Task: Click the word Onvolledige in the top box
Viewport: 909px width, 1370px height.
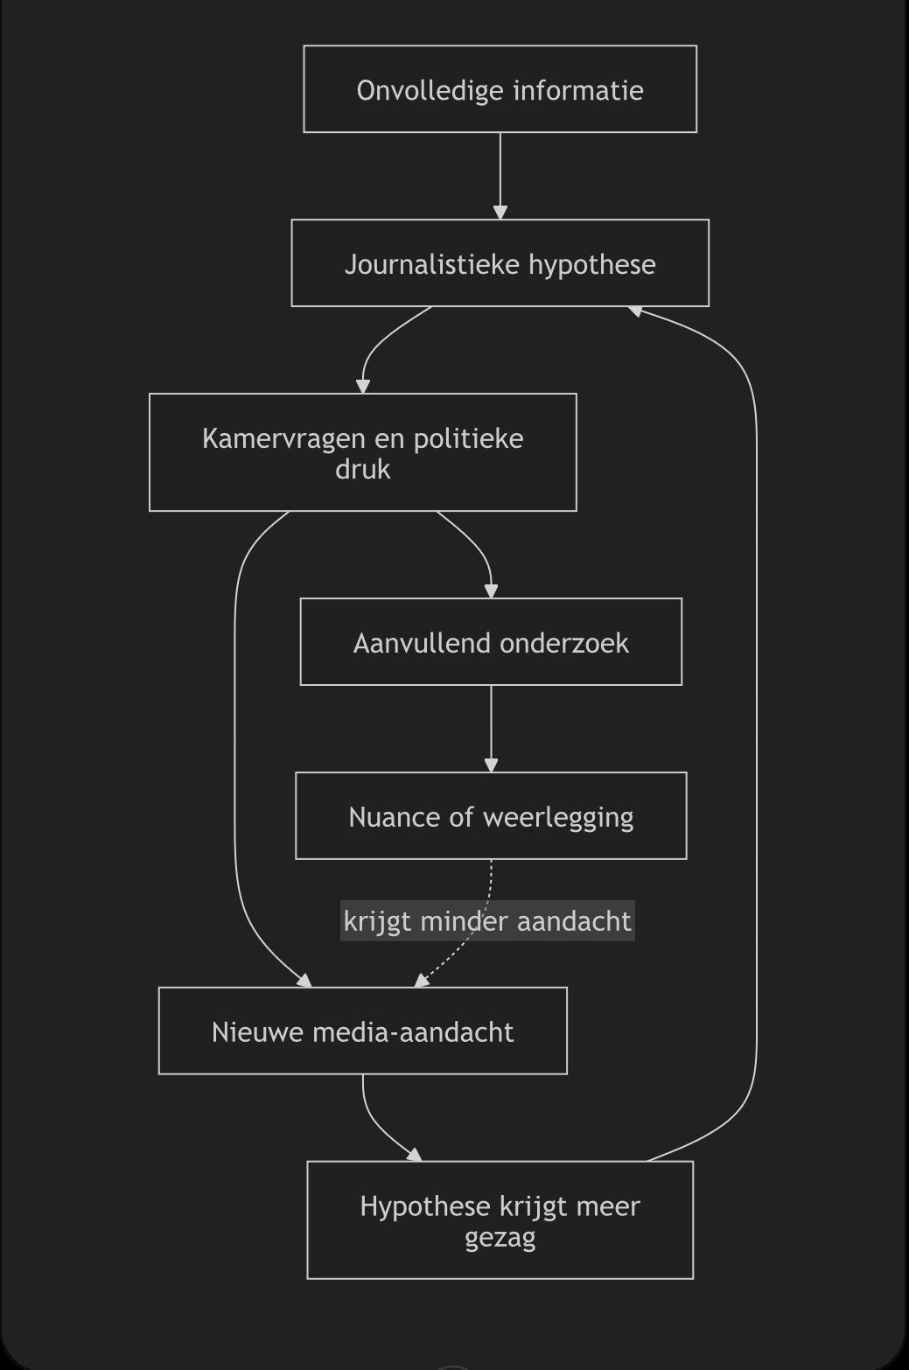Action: pyautogui.click(x=430, y=90)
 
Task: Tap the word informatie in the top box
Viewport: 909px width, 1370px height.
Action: pyautogui.click(x=578, y=90)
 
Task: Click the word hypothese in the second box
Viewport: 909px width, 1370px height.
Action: pyautogui.click(x=592, y=265)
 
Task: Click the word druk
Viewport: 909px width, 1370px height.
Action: pyautogui.click(x=363, y=469)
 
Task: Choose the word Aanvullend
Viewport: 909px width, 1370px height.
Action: pyautogui.click(x=422, y=643)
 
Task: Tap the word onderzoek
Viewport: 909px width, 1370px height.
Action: pyautogui.click(x=564, y=643)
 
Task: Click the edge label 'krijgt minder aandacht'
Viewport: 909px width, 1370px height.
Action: pyautogui.click(x=487, y=921)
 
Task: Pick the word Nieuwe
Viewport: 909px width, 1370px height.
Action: pyautogui.click(x=257, y=1032)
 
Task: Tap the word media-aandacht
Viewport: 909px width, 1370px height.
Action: pyautogui.click(x=413, y=1032)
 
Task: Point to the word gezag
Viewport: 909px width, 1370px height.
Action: pyautogui.click(x=500, y=1238)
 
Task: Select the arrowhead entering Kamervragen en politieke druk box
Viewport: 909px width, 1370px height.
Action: pyautogui.click(x=363, y=387)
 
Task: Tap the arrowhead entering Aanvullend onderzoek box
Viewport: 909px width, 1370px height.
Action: pyautogui.click(x=491, y=591)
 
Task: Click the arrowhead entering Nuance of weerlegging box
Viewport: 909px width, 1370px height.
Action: pyautogui.click(x=491, y=765)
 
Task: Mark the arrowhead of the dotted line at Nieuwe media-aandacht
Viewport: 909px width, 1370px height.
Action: pyautogui.click(x=421, y=981)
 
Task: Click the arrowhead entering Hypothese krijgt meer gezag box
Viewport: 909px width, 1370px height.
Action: pyautogui.click(x=416, y=1155)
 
